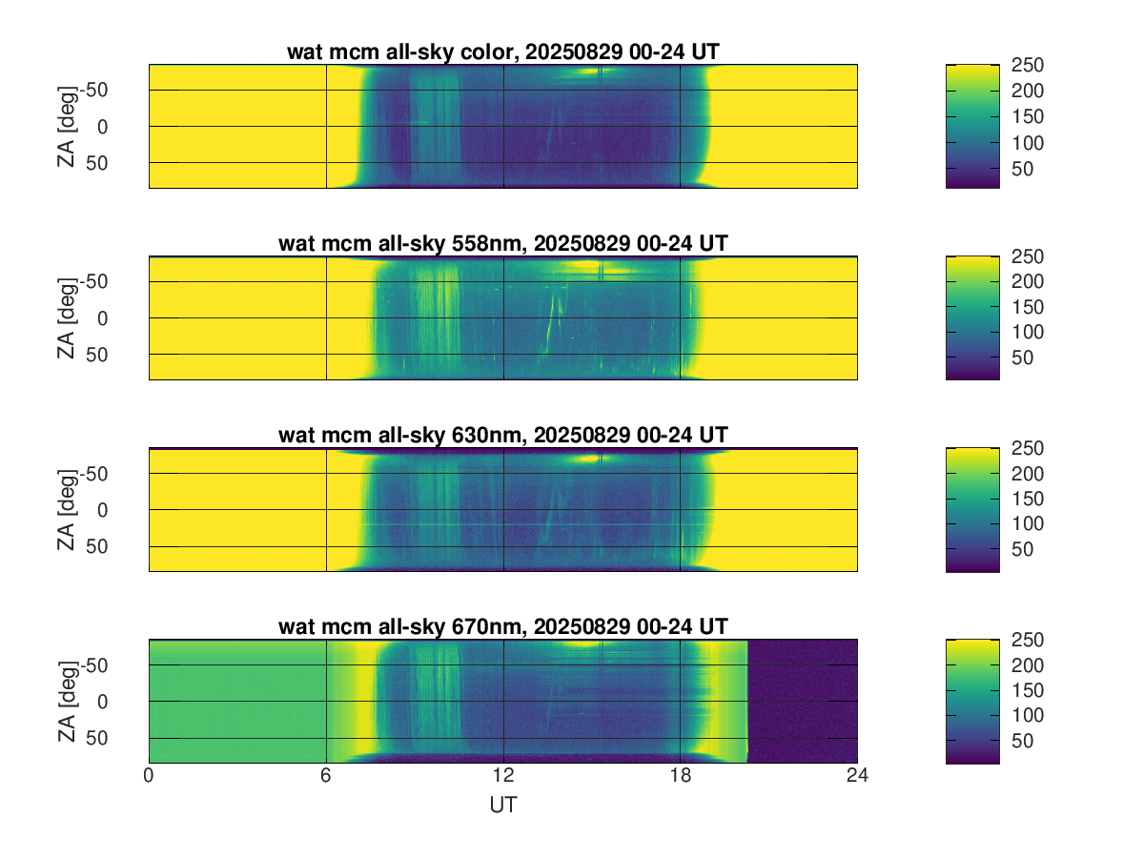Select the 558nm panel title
(x=502, y=244)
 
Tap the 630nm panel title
(x=502, y=436)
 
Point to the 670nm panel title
(x=502, y=626)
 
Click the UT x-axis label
(x=502, y=806)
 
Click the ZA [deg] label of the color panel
(x=66, y=126)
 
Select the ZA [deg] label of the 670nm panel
(x=66, y=701)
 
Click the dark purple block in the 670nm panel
(x=802, y=701)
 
